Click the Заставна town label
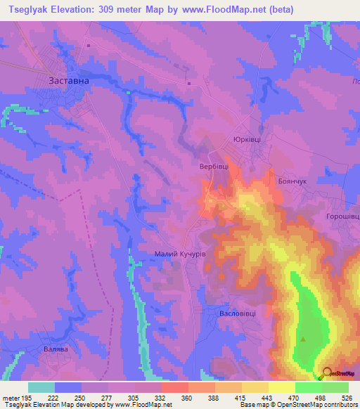point(68,81)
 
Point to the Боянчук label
point(289,181)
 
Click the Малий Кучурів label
point(180,253)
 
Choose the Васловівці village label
point(237,313)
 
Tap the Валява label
point(56,349)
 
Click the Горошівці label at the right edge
point(342,217)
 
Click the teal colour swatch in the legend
point(41,387)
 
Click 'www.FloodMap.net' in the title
point(221,9)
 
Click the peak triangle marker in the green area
point(304,339)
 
